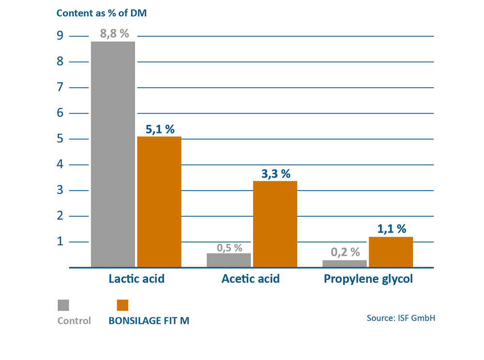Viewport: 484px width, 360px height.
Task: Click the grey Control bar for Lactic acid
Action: pos(113,154)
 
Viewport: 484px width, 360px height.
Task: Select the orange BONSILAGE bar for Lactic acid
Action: pos(159,201)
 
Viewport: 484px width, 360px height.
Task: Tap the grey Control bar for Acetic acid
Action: pos(229,260)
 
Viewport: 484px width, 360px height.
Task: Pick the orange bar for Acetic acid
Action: pos(275,224)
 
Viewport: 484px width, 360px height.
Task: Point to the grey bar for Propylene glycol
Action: pos(345,263)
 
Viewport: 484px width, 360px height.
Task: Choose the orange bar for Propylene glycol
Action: pos(391,252)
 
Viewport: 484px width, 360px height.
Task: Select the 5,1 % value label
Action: pos(159,129)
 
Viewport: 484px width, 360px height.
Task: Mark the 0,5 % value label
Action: pos(229,247)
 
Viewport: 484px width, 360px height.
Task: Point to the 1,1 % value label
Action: pos(392,229)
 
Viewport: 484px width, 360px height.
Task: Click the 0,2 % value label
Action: pos(346,252)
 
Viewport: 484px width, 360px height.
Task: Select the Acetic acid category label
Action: pos(251,279)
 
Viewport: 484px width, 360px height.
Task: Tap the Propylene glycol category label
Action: pos(368,279)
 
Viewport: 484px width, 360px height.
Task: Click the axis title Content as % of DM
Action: pos(102,13)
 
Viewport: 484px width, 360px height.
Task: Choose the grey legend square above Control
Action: pos(63,305)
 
